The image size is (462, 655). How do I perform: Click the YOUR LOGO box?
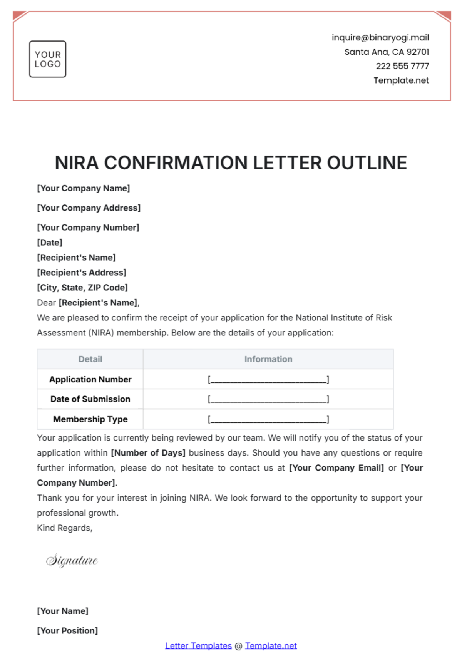pyautogui.click(x=48, y=59)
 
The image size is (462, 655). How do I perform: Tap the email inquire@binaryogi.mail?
pyautogui.click(x=380, y=38)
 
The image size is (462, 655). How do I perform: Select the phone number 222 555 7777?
pyautogui.click(x=402, y=66)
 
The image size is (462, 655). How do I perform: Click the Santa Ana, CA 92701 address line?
pyautogui.click(x=387, y=52)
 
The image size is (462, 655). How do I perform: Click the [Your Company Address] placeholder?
pyautogui.click(x=89, y=208)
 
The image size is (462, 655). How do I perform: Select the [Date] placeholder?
pyautogui.click(x=50, y=243)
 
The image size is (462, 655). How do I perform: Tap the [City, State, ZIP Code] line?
pyautogui.click(x=82, y=288)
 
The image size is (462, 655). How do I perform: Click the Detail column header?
pyautogui.click(x=90, y=359)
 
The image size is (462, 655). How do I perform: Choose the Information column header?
pyautogui.click(x=268, y=359)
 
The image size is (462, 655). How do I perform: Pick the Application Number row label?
pyautogui.click(x=90, y=380)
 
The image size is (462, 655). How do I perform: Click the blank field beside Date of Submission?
pyautogui.click(x=268, y=399)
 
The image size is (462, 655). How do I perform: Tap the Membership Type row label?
pyautogui.click(x=90, y=419)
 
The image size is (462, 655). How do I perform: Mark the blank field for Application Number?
pyautogui.click(x=268, y=380)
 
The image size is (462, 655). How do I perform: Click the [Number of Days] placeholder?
pyautogui.click(x=148, y=453)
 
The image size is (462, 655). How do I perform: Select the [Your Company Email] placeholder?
pyautogui.click(x=336, y=468)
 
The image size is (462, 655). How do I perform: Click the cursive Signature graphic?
pyautogui.click(x=72, y=560)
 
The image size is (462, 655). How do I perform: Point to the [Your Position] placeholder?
pyautogui.click(x=67, y=631)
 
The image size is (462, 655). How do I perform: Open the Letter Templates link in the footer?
pyautogui.click(x=198, y=646)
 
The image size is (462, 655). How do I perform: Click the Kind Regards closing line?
pyautogui.click(x=65, y=528)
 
